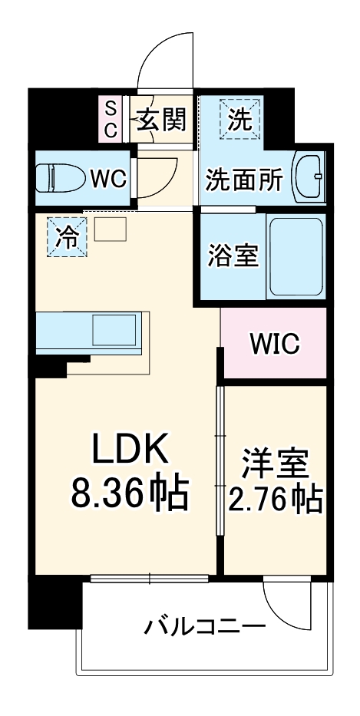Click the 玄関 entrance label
click(x=162, y=119)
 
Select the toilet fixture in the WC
click(x=60, y=179)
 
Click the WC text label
click(x=108, y=180)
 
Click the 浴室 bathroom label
click(x=232, y=256)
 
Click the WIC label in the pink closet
click(x=274, y=345)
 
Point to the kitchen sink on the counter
click(x=114, y=330)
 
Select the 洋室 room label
click(x=274, y=465)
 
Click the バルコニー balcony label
click(x=205, y=629)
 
